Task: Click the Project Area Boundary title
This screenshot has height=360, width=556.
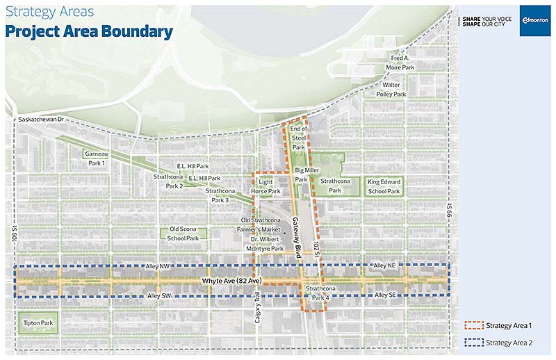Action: point(90,31)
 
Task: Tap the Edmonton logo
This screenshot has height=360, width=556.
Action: point(534,20)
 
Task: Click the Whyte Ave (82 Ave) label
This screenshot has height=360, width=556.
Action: point(231,281)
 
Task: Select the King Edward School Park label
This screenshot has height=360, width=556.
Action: point(384,186)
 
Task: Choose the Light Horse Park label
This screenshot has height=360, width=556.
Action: point(269,186)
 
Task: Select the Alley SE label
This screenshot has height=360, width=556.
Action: point(386,296)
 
